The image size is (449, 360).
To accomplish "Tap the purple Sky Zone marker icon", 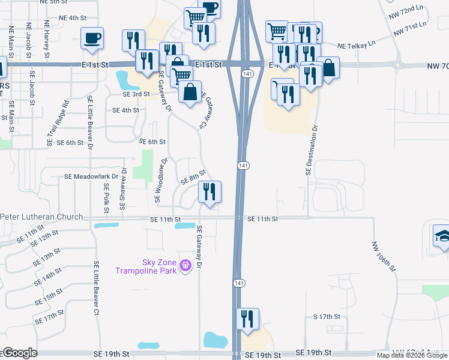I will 185,263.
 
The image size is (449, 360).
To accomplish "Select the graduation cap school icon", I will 442,235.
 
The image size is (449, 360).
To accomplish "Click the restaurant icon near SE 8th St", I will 209,192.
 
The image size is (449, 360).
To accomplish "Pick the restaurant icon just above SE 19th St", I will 247,319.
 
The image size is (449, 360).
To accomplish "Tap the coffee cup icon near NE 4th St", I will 92,38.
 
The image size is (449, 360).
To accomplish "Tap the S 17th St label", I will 327,316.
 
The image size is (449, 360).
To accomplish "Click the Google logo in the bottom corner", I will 20,353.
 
